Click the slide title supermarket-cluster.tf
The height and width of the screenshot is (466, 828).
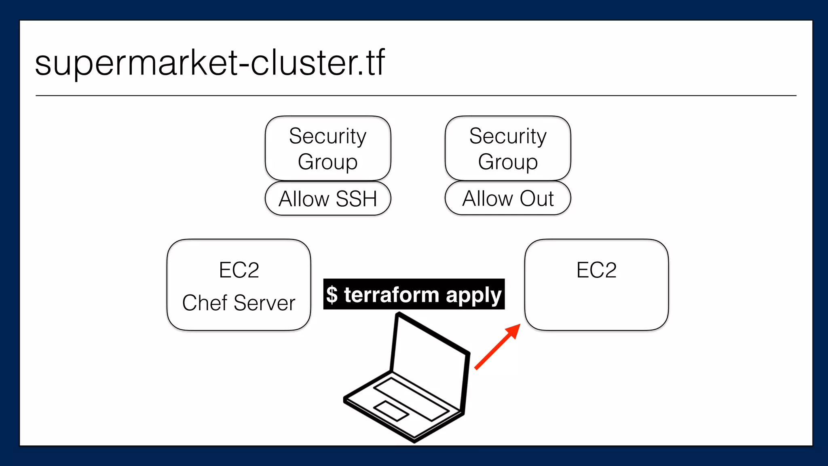point(210,63)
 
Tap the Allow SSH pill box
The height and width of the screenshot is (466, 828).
point(328,199)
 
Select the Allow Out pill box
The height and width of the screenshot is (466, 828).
point(508,198)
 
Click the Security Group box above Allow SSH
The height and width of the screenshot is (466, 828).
point(328,148)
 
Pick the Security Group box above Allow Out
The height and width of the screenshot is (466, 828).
point(508,148)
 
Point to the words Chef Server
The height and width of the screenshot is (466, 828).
point(239,303)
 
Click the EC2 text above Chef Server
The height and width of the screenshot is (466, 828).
point(239,270)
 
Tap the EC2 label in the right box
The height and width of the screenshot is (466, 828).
point(596,270)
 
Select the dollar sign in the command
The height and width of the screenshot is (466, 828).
point(332,294)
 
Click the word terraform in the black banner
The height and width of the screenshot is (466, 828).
point(391,294)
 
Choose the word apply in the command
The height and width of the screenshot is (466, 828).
point(473,295)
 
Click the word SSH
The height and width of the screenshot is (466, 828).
point(356,199)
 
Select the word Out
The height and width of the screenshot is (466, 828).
point(537,198)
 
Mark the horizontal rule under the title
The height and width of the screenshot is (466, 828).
point(416,96)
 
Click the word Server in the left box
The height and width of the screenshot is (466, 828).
point(264,303)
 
